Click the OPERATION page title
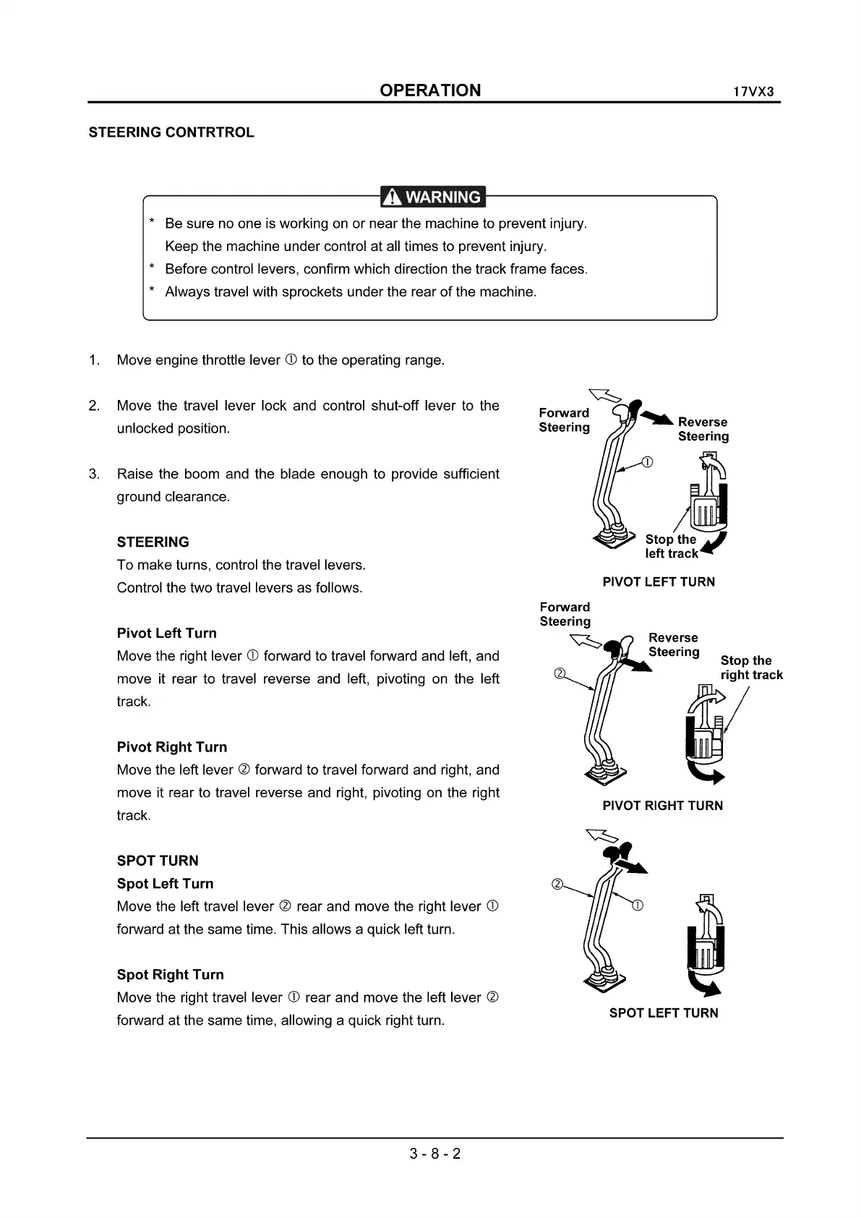coord(430,90)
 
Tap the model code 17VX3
coord(753,93)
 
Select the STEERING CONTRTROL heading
coord(171,132)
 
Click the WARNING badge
coord(433,197)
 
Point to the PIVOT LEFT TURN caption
coord(659,582)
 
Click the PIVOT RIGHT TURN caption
coord(662,806)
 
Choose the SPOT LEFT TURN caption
coord(664,1013)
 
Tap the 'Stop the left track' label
coord(672,546)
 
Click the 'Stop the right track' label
coord(751,668)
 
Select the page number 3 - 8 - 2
coord(435,1154)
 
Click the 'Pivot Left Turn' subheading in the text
coord(167,633)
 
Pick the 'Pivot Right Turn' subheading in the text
coord(172,747)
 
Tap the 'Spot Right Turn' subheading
coord(171,974)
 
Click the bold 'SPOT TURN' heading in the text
coord(158,861)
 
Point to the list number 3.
coord(94,474)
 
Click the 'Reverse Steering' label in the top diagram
coord(703,429)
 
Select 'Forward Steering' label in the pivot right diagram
coord(565,614)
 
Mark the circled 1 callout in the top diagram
coord(648,462)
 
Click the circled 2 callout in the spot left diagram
coord(557,884)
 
